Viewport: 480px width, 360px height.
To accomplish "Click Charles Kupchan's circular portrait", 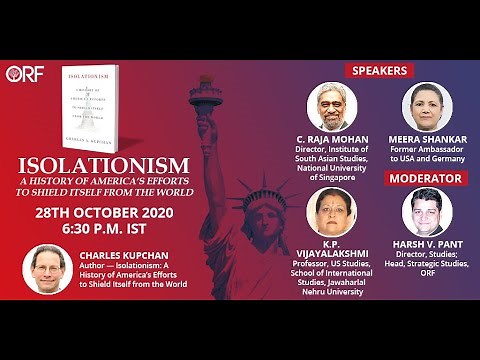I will click(x=47, y=270).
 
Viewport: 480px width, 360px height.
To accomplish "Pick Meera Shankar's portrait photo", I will click(x=425, y=107).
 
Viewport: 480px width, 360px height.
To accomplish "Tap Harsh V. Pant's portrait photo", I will click(x=425, y=211).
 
